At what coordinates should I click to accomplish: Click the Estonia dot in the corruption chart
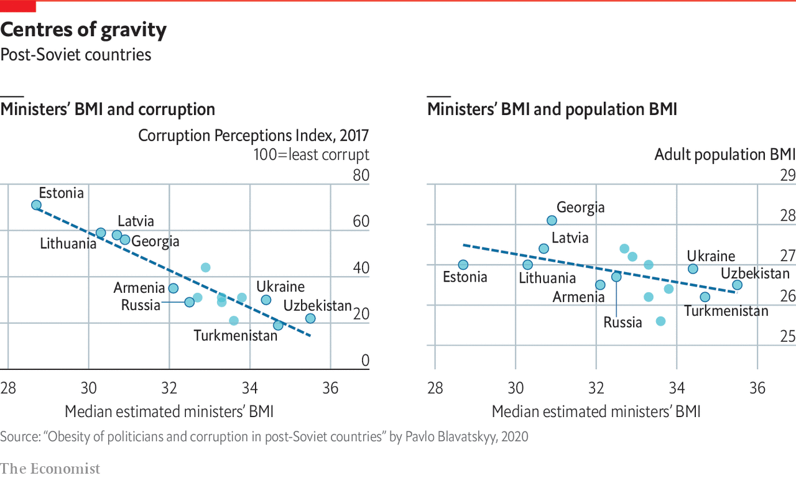(x=36, y=205)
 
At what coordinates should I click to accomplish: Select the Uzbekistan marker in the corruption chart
(x=310, y=318)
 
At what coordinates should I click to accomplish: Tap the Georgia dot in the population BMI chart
(x=552, y=221)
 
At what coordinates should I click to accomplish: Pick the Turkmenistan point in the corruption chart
(x=278, y=325)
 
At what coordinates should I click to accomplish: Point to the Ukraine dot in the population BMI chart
(x=693, y=269)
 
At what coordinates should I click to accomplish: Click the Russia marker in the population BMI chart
(x=616, y=277)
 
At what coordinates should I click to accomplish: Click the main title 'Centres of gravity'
(x=83, y=30)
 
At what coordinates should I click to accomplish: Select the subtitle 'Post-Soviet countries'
(x=76, y=55)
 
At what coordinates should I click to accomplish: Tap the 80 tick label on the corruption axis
(x=361, y=175)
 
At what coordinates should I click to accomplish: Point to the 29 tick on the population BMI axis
(x=788, y=175)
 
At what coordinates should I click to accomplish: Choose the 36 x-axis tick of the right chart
(x=757, y=388)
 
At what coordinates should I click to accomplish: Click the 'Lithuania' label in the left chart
(x=68, y=244)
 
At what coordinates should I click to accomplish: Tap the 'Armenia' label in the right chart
(x=578, y=297)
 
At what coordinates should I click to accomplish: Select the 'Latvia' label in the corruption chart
(x=136, y=221)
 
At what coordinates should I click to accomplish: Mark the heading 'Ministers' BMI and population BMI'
(x=552, y=110)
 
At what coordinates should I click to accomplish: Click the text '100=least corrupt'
(x=311, y=155)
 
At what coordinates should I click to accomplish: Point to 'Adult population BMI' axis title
(x=724, y=155)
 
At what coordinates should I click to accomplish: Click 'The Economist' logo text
(x=50, y=468)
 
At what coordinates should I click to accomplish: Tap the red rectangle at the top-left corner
(x=18, y=7)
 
